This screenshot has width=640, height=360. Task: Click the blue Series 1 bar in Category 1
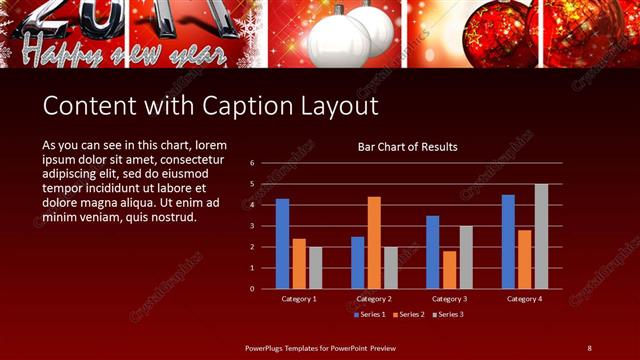[x=282, y=244]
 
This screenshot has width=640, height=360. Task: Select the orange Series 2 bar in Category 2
[x=374, y=242]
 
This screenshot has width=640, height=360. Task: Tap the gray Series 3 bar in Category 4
[x=541, y=236]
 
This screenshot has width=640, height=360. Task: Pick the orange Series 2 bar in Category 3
[x=449, y=269]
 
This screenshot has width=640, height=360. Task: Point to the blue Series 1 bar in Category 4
[x=508, y=241]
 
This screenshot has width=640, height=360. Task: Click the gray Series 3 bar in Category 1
[x=316, y=267]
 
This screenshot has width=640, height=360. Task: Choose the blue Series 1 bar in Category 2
[x=357, y=262]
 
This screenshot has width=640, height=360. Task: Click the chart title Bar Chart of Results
[x=408, y=147]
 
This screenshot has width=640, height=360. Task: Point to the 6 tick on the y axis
[x=253, y=162]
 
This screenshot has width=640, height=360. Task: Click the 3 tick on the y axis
[x=253, y=226]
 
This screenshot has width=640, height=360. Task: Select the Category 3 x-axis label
[x=449, y=299]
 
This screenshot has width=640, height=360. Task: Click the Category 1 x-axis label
[x=299, y=299]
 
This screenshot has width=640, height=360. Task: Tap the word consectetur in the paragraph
[x=189, y=159]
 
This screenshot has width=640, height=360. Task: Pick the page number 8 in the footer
[x=589, y=347]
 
